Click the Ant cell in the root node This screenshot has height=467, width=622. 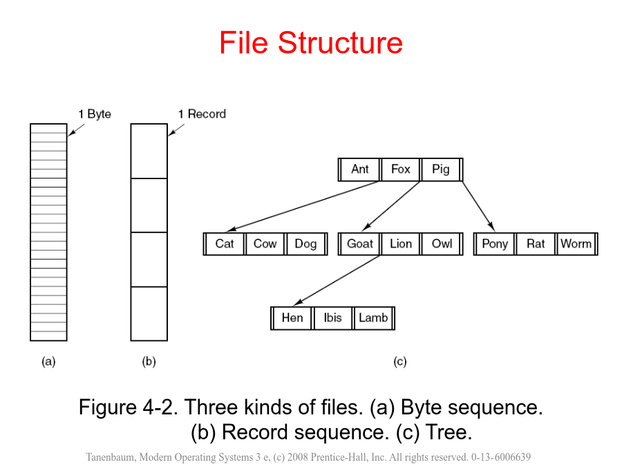(360, 170)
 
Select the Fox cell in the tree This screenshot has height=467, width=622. (401, 170)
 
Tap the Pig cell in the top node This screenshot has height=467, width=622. (441, 170)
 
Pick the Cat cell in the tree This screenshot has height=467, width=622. (225, 244)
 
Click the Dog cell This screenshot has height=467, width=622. (305, 244)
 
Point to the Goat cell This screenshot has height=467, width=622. (360, 244)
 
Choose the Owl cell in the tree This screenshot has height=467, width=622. (442, 244)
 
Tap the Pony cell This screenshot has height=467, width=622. (495, 244)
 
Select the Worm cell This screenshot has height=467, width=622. (576, 244)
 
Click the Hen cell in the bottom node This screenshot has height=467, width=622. (292, 318)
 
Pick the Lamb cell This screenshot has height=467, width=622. (373, 318)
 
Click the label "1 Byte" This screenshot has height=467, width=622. (95, 114)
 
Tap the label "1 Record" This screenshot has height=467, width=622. (202, 114)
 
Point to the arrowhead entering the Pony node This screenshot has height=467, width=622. (491, 227)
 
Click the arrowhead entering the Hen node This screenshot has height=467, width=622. (298, 303)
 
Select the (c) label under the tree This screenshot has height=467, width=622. (400, 362)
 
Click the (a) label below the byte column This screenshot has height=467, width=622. (48, 362)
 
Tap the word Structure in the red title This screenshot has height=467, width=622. (340, 43)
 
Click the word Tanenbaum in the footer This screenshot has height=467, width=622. (111, 457)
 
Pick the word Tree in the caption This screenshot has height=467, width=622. (449, 432)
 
